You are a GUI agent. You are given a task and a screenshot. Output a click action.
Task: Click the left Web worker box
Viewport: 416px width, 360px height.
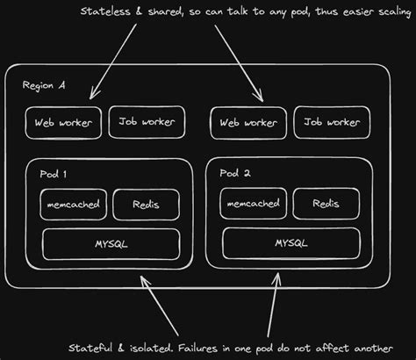[x=62, y=122]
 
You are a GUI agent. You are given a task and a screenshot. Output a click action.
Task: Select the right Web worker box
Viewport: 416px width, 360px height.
[x=248, y=122]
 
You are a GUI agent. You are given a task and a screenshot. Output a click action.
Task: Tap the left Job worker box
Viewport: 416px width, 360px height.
[x=146, y=122]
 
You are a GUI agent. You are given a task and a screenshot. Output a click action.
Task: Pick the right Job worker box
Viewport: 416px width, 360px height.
[x=330, y=122]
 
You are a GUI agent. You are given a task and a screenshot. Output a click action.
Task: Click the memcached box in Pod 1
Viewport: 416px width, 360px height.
[x=70, y=205]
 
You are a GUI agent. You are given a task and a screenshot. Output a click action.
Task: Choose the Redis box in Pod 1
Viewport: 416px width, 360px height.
[x=146, y=205]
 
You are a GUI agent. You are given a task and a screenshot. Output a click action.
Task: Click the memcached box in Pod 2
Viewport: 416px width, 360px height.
[x=255, y=205]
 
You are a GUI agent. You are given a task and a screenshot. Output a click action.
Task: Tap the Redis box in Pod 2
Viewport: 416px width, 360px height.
[x=326, y=204]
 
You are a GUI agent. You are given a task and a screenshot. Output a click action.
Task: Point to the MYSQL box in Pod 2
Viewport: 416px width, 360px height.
[x=290, y=241]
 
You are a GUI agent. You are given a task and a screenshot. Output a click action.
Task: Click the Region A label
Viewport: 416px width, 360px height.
[x=45, y=86]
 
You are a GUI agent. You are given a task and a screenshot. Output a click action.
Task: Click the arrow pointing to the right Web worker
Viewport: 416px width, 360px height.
[x=237, y=61]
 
